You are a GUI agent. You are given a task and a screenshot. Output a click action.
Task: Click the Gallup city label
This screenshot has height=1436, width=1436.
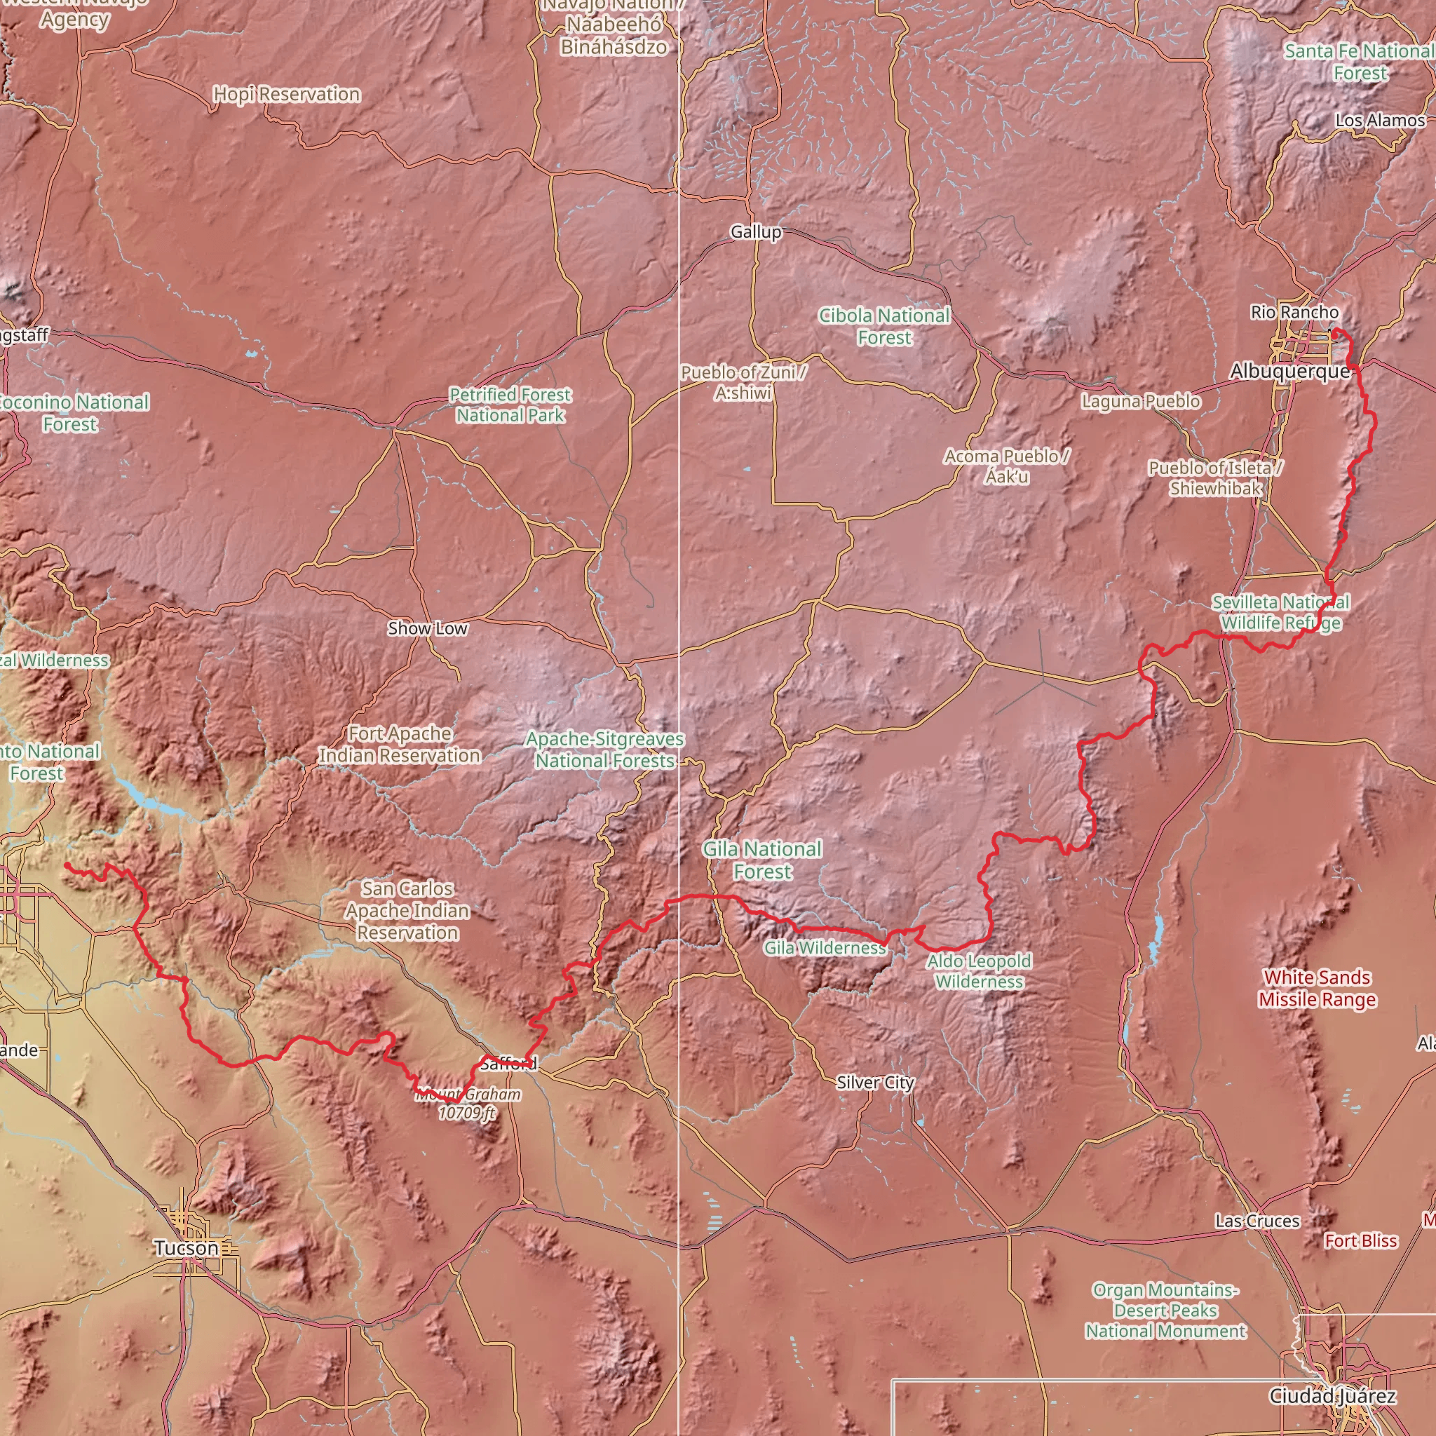pos(756,232)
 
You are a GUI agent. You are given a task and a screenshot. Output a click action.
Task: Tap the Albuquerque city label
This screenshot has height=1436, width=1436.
pos(1289,371)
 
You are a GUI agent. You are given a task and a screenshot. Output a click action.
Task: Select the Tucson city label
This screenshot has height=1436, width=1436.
pos(187,1248)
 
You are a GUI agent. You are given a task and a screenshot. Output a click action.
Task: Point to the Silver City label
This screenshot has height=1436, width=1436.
pos(875,1082)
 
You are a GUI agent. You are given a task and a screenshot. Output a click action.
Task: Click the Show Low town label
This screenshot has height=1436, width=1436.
pos(428,629)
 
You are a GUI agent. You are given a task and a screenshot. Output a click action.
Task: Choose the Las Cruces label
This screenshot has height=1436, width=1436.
pos(1258,1221)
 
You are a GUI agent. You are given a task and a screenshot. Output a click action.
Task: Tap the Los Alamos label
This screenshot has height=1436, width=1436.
pos(1379,121)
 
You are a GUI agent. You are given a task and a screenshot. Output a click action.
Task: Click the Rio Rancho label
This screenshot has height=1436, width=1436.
pos(1294,312)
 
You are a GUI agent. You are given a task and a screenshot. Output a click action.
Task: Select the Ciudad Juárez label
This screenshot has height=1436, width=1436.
pos(1332,1396)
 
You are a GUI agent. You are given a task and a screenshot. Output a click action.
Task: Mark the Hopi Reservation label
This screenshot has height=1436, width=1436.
pos(287,95)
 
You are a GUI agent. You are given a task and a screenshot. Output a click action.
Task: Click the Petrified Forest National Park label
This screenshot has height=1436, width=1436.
pos(510,405)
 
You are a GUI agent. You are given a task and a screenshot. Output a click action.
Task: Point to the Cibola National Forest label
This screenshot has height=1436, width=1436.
pos(883,326)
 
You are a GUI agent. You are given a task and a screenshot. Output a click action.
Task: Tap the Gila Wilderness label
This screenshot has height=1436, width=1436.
pos(825,948)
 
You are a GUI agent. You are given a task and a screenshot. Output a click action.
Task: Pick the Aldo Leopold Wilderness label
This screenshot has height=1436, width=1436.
pos(979,971)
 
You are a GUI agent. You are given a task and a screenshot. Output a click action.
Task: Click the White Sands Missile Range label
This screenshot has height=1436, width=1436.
pos(1317,989)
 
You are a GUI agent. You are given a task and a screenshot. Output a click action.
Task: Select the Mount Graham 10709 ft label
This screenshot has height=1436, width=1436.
pos(468,1103)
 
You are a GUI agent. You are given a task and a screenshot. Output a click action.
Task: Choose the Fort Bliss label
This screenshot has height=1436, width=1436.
pos(1360,1240)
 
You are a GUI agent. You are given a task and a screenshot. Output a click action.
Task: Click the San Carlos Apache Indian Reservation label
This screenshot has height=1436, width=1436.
pos(407,911)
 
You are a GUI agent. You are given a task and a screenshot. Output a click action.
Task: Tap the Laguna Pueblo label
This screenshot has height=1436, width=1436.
pos(1140,401)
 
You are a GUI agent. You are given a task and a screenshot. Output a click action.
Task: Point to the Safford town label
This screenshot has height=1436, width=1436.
pos(508,1064)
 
